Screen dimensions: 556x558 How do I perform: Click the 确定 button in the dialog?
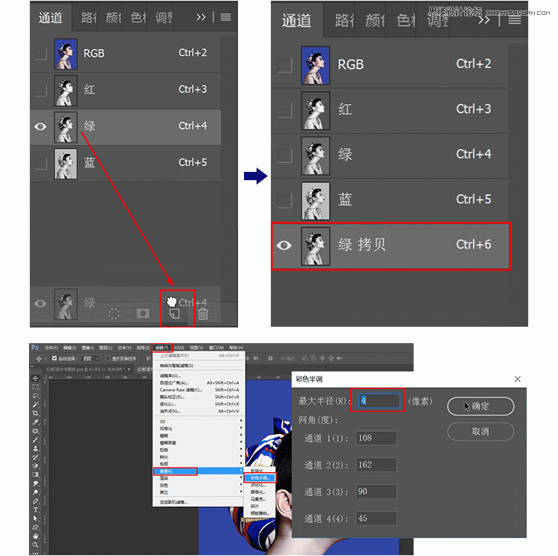coord(480,406)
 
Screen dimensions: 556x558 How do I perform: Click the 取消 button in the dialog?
coord(480,431)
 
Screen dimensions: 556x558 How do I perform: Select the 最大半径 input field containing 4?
coord(379,401)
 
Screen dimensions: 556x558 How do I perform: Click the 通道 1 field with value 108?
coord(376,438)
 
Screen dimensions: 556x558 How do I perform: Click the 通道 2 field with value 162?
coord(376,464)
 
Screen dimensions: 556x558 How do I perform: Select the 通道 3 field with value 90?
coord(376,491)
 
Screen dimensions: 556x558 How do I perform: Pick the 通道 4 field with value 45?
coord(376,517)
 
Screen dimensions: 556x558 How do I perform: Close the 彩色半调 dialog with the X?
coord(518,379)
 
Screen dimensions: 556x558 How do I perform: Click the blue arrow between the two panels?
coord(254,176)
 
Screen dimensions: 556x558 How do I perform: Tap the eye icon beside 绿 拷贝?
coord(284,245)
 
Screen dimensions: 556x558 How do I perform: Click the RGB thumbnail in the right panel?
coord(315,64)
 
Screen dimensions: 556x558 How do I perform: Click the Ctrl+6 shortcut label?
coord(473,245)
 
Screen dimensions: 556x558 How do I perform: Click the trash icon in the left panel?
coord(202,314)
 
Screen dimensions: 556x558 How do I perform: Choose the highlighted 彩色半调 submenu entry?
coord(260,477)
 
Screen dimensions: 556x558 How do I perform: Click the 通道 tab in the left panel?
coord(51,17)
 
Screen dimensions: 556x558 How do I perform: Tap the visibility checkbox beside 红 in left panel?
coord(41,90)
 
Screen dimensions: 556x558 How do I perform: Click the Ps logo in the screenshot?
coord(35,348)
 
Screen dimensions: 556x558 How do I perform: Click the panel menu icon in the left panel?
coord(225,17)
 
